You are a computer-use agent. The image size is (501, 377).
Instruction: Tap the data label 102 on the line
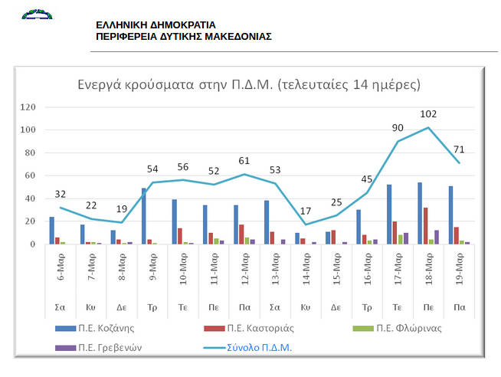point(428,114)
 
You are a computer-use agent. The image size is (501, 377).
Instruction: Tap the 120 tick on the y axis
point(28,107)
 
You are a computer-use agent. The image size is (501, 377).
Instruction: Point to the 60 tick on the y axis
point(31,175)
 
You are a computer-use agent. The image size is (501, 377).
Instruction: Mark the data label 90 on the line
point(398,127)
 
